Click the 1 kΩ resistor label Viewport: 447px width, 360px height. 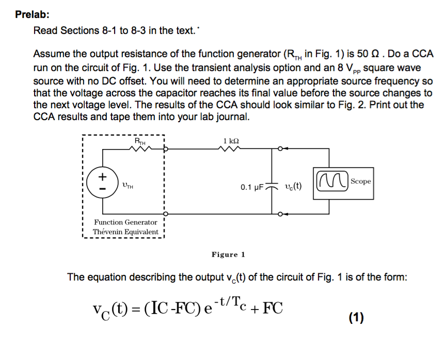pyautogui.click(x=231, y=140)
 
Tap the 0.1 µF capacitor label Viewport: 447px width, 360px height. pyautogui.click(x=252, y=186)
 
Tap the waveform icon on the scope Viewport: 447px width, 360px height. pyautogui.click(x=331, y=182)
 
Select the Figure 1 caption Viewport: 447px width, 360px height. pyautogui.click(x=228, y=254)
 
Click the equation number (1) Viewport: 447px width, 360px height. pyautogui.click(x=356, y=318)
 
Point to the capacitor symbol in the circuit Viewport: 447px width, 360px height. pyautogui.click(x=273, y=185)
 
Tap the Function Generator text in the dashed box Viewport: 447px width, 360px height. pyautogui.click(x=125, y=222)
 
